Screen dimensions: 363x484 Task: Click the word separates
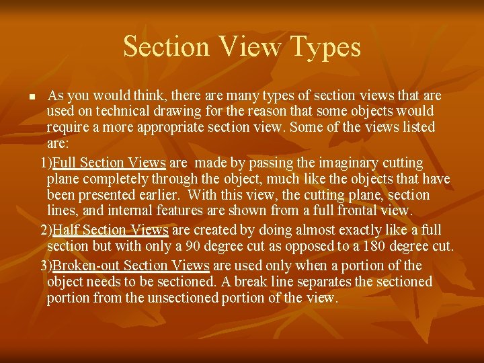(327, 282)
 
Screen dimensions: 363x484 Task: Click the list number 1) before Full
(46, 163)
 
